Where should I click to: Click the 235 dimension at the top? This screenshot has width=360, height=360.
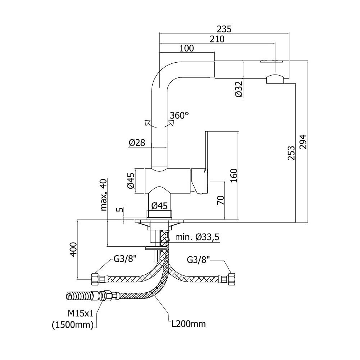point(224,29)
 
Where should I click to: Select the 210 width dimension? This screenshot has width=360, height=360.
point(217,39)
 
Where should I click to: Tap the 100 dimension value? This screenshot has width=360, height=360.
point(186,49)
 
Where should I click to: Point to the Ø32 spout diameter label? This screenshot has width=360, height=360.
point(239,89)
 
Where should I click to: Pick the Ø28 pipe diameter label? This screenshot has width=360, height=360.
point(137,143)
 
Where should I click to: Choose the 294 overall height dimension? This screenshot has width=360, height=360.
point(303,142)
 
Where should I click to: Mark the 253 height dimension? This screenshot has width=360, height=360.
point(291,153)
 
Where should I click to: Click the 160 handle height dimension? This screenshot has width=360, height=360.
point(234,175)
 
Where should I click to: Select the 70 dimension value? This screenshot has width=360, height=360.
point(220,200)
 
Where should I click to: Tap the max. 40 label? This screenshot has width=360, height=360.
point(104,195)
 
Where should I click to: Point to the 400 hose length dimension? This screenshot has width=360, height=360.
point(73,249)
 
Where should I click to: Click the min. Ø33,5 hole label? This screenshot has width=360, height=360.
point(197,237)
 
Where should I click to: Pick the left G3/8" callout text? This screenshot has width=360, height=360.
point(125,260)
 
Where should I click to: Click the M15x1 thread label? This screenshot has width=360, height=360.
point(81,313)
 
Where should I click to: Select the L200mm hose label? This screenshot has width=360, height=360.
point(189,324)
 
